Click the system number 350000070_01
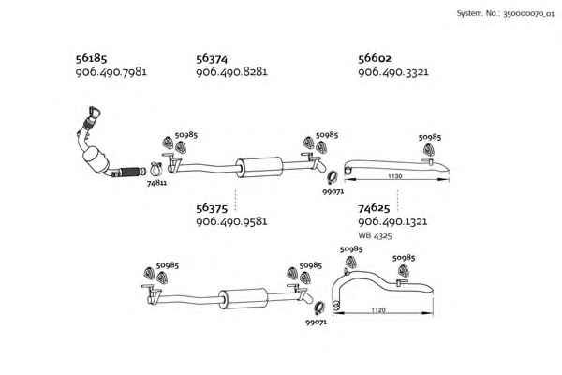tap(528, 14)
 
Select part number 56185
tap(91, 58)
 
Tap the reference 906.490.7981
tap(111, 72)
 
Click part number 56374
tap(212, 58)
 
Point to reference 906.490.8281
tap(231, 72)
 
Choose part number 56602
tap(375, 58)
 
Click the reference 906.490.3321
tap(393, 72)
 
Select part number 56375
tap(212, 208)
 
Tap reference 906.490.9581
tap(231, 221)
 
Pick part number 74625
tap(374, 208)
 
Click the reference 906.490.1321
tap(392, 221)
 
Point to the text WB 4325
tap(375, 236)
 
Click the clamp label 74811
tap(156, 183)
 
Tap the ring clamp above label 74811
tap(156, 169)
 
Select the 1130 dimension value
tap(394, 176)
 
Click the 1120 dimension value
tap(378, 310)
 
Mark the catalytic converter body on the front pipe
tap(96, 160)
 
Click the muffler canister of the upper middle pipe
tap(259, 167)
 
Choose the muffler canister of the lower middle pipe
tap(244, 298)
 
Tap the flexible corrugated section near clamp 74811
tap(130, 172)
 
